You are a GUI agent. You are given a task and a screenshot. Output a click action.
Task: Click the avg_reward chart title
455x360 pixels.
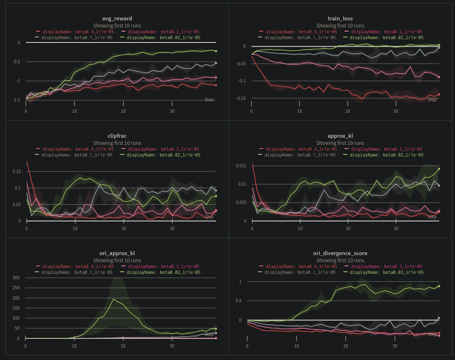coord(117,18)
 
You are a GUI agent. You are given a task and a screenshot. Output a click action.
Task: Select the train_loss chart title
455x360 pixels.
coord(340,18)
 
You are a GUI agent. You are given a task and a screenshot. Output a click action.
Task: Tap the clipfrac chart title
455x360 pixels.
coord(117,136)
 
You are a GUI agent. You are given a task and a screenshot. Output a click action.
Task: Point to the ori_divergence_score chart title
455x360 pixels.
coord(340,253)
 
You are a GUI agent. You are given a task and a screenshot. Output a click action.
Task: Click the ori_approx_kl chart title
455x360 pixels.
coord(117,253)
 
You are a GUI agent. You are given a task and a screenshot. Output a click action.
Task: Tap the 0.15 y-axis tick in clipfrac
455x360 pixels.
coord(17,171)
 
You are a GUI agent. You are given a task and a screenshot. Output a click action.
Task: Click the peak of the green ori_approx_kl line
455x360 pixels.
coord(114,299)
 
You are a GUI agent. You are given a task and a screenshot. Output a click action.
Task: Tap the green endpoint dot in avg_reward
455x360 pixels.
coord(216,51)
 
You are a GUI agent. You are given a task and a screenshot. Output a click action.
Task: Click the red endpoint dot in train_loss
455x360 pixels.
coord(439,94)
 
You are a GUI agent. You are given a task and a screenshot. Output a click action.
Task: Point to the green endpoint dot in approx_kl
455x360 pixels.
coord(439,169)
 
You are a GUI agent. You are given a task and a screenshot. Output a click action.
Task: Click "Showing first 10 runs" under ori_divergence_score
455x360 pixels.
coord(340,261)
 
